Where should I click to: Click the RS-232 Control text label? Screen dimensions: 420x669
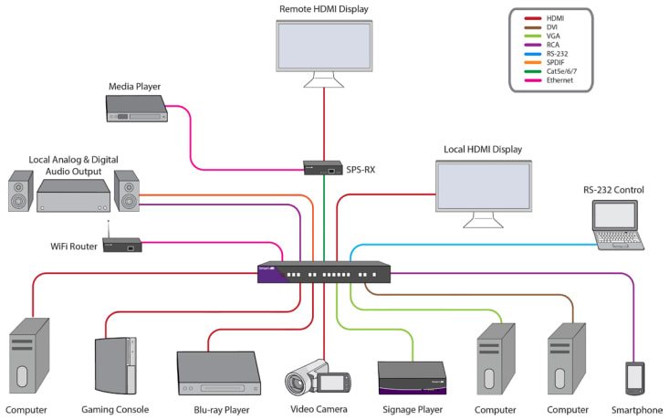[x=613, y=190]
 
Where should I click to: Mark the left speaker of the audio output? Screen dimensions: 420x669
[x=21, y=192]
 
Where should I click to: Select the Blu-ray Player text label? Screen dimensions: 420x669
[x=224, y=410]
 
